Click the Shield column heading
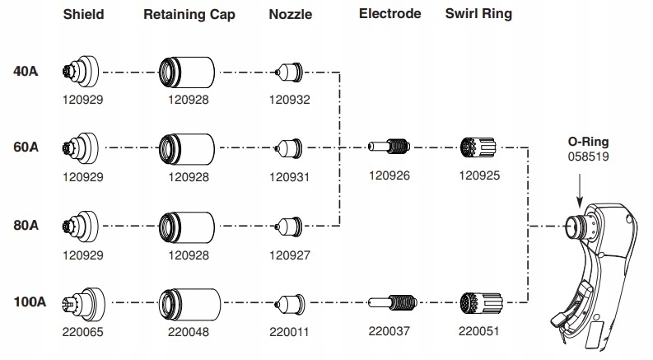click(x=83, y=14)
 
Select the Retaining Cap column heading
click(x=189, y=15)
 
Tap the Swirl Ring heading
click(x=478, y=14)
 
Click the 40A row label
click(x=26, y=71)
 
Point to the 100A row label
click(x=30, y=302)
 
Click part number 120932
click(x=289, y=100)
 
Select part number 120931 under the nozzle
click(x=289, y=177)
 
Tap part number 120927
click(x=289, y=255)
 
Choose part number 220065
click(x=82, y=332)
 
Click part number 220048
click(x=189, y=332)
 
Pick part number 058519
click(x=588, y=157)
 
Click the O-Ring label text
click(x=588, y=142)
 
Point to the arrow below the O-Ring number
click(x=579, y=190)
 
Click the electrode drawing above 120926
click(x=389, y=147)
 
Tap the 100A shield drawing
click(x=83, y=304)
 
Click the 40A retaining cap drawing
click(x=187, y=72)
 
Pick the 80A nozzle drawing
click(x=288, y=227)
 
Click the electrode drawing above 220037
click(x=392, y=302)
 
